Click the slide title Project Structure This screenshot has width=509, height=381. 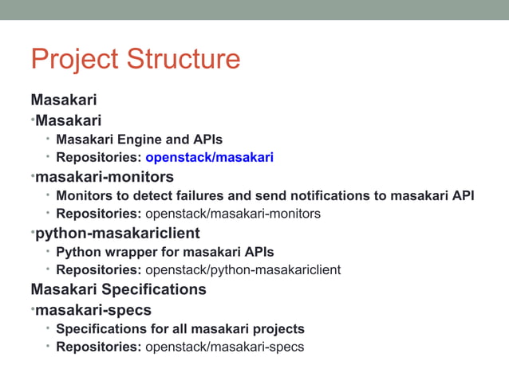click(135, 60)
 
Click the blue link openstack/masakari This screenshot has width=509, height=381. click(209, 157)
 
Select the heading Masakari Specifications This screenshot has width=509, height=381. click(118, 289)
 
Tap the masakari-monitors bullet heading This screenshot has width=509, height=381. click(104, 176)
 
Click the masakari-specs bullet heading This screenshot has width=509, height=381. click(93, 309)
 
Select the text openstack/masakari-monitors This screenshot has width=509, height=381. click(232, 214)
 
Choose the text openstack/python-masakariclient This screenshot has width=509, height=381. click(243, 270)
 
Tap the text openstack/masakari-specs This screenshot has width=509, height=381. click(224, 347)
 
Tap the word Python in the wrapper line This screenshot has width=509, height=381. click(79, 252)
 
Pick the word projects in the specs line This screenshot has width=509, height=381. click(277, 328)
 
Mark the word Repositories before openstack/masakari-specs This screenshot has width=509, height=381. click(98, 347)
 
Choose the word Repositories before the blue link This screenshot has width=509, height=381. click(98, 157)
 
